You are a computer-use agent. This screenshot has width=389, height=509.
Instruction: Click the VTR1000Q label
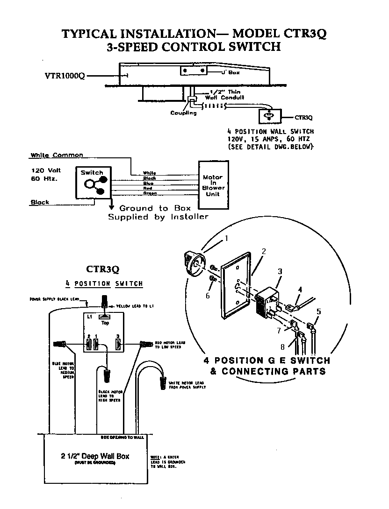(x=64, y=76)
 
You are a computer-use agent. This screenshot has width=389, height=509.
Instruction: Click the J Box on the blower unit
(x=194, y=71)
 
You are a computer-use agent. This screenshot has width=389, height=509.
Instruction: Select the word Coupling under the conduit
(x=183, y=113)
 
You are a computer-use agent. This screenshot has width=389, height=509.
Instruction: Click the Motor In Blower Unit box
(x=213, y=185)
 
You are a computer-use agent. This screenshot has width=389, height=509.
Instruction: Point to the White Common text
(x=57, y=155)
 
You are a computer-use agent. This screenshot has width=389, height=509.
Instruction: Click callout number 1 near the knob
(x=226, y=239)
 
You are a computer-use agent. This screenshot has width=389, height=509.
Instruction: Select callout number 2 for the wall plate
(x=264, y=251)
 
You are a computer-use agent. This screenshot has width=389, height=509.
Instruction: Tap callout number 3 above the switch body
(x=280, y=271)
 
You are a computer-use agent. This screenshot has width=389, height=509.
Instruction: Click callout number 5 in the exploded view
(x=319, y=311)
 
